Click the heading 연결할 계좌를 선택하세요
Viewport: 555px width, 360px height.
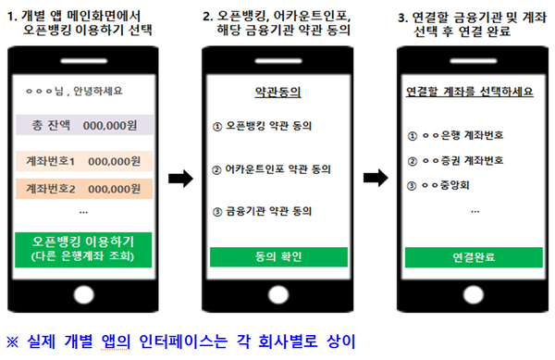(x=469, y=93)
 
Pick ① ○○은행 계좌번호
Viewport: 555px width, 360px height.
(x=455, y=135)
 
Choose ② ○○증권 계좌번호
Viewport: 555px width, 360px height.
(x=455, y=159)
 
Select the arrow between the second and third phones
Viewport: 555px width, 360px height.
(x=374, y=172)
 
